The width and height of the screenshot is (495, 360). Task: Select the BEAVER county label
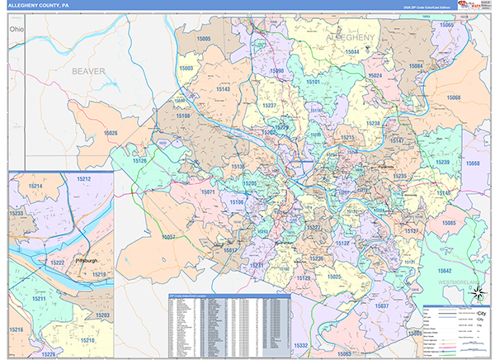point(88,71)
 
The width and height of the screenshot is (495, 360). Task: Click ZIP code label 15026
point(110,133)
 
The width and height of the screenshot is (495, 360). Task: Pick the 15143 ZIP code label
point(223,88)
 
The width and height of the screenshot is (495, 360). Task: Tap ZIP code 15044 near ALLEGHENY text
point(352,51)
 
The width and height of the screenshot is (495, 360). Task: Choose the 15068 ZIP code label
point(453,97)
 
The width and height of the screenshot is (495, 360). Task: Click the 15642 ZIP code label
point(445,271)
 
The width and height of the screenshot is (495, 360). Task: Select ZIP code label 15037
point(382,306)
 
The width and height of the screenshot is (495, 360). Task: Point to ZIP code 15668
point(473,163)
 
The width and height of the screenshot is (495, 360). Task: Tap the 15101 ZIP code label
point(313,83)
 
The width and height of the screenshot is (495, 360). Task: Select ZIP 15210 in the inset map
point(87,341)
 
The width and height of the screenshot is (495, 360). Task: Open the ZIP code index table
point(229,324)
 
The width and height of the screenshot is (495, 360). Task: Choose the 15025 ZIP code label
point(333,277)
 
